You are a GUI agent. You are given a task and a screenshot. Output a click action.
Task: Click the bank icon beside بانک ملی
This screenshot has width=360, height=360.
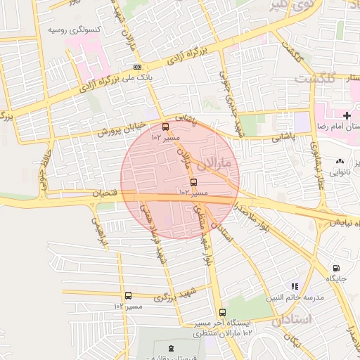coord(136,68)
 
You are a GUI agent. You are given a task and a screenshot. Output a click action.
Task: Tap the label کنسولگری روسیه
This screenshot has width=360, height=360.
coord(74,30)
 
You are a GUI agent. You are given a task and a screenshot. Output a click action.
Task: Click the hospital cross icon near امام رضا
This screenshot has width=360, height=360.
coord(346,115)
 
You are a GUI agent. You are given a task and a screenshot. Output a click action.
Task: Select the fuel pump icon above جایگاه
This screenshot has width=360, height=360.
coord(335,268)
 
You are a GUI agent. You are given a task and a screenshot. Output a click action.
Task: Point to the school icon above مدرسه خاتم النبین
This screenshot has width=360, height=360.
coord(295,286)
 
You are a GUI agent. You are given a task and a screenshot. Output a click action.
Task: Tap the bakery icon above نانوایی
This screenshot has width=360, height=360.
coord(341,161)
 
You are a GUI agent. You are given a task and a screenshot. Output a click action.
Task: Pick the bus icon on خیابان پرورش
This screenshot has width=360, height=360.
coord(166,127)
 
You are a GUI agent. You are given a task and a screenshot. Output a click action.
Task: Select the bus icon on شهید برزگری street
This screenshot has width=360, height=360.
coord(128,296)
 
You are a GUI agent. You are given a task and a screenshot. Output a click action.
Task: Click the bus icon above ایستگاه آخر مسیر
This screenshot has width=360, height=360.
coord(222,312)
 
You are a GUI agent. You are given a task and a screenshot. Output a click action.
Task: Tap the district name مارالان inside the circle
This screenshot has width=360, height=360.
coord(214,165)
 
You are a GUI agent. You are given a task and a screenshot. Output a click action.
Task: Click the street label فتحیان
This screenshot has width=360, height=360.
coord(98,192)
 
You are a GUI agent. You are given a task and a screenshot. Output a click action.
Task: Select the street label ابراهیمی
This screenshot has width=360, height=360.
coord(99,232)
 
